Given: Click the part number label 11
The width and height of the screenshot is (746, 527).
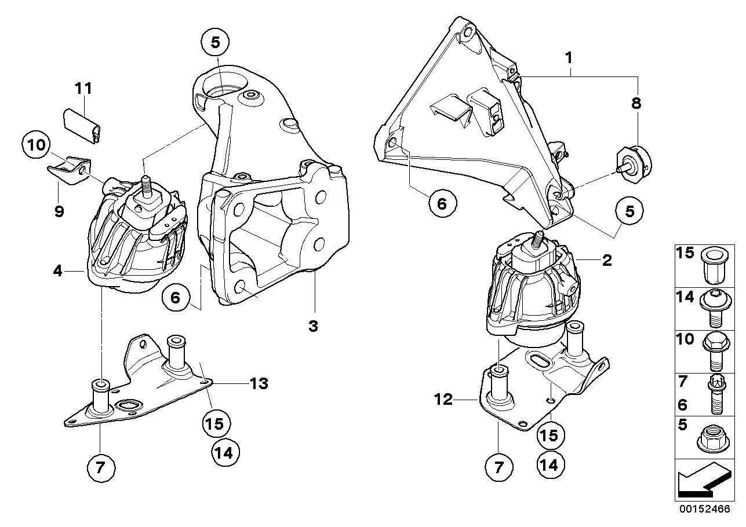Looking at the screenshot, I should click(83, 89).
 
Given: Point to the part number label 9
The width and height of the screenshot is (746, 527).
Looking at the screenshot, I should click(59, 211).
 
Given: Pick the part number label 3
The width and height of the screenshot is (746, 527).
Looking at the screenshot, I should click(313, 326).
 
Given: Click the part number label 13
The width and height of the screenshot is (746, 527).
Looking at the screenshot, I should click(260, 383).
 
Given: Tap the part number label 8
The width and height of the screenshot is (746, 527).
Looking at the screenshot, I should click(636, 104).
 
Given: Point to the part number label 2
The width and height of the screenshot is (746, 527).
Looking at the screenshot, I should click(606, 261).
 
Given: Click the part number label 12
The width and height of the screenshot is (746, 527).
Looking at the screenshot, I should click(444, 400).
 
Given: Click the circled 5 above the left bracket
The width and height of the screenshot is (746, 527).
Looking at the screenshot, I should click(215, 42).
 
